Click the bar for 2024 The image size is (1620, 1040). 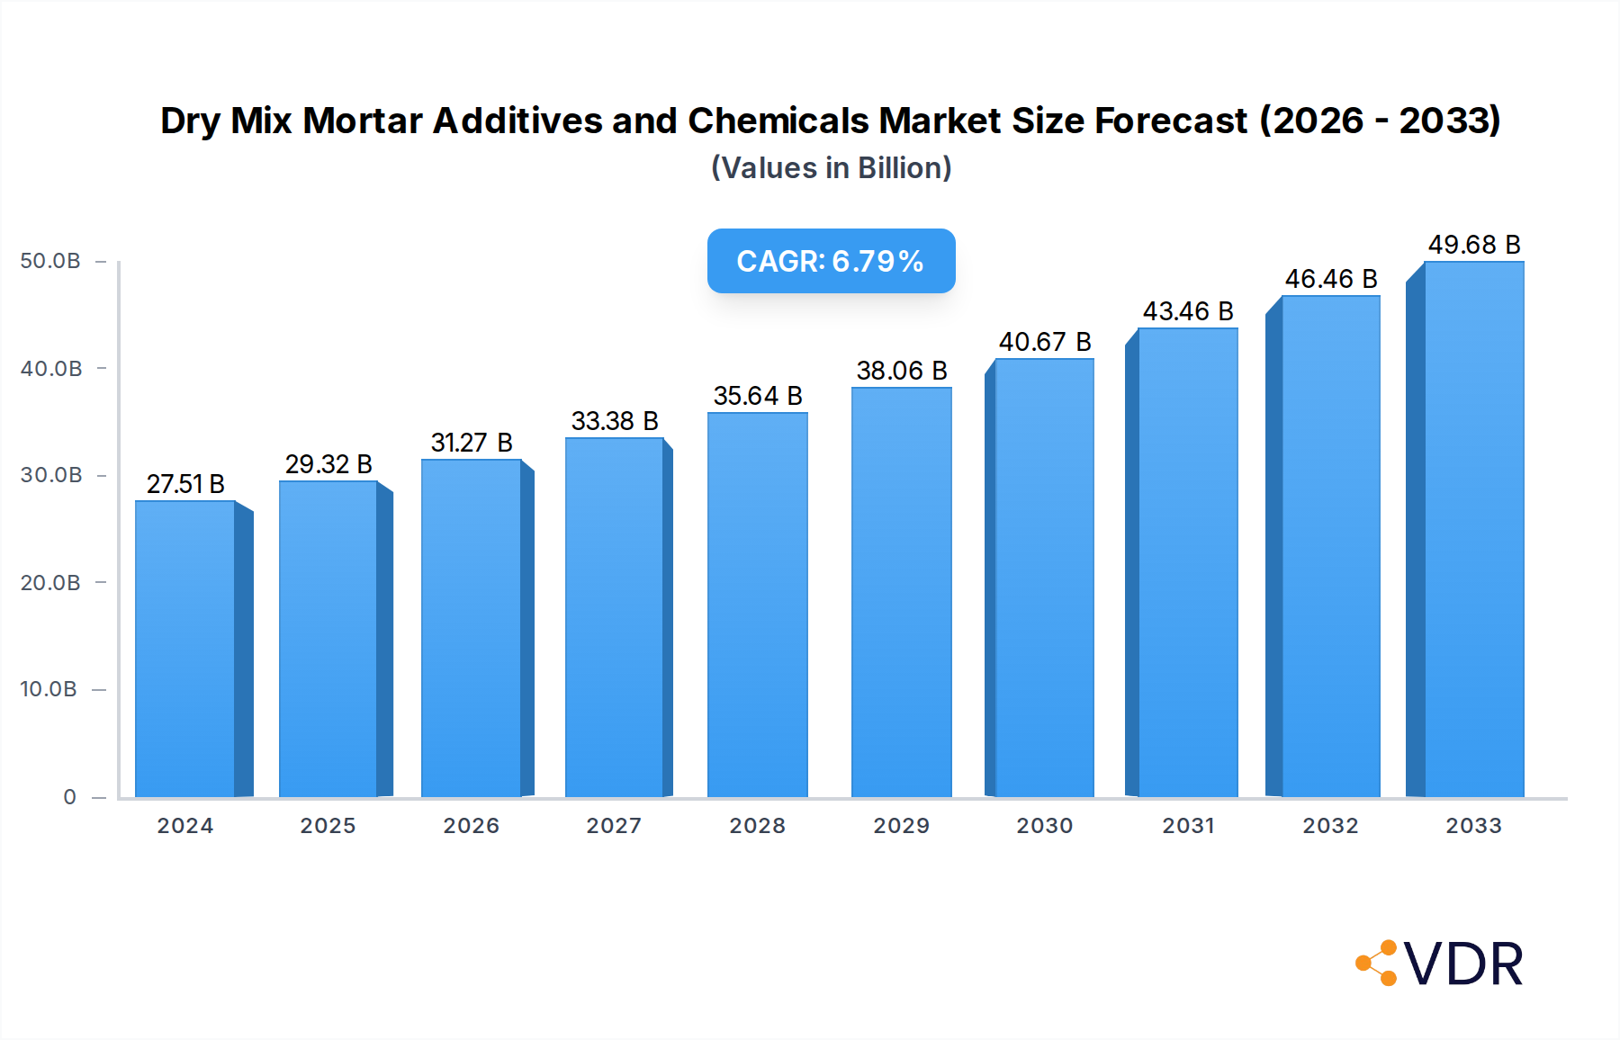point(185,648)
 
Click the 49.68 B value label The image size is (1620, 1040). point(1473,245)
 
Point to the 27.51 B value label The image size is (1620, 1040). point(185,484)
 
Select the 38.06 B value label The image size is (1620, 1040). point(901,371)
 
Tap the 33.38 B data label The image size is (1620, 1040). point(615,421)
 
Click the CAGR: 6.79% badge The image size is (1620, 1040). point(831,261)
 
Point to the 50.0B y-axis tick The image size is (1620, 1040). point(50,261)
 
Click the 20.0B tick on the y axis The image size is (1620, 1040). point(50,583)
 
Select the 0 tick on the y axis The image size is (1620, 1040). point(69,797)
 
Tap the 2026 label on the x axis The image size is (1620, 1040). point(471,826)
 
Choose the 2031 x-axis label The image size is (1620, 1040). point(1188,826)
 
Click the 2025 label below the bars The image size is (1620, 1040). point(328,826)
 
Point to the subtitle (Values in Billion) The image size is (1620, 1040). point(831,168)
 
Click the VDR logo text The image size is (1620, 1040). point(1463,964)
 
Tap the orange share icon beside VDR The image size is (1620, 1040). point(1378,964)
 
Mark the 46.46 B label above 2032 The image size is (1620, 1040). point(1330,279)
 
